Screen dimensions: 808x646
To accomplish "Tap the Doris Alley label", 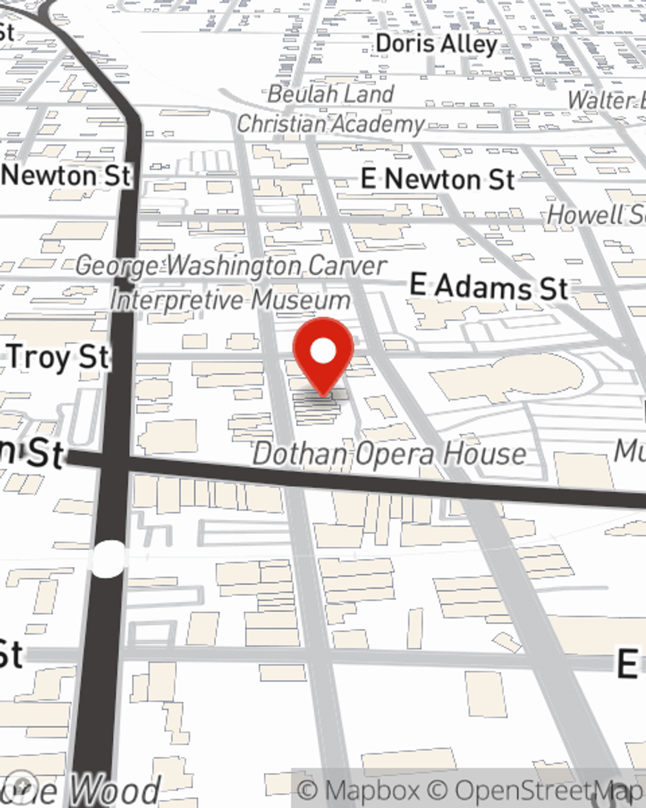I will [x=437, y=44].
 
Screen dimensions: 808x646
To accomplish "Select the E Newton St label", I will [x=437, y=179].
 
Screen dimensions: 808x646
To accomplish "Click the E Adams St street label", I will [x=489, y=286].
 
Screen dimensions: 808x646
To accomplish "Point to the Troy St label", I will [x=58, y=357].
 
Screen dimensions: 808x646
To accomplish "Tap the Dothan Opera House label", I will [x=389, y=454].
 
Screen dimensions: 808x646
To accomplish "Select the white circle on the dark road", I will [x=109, y=558].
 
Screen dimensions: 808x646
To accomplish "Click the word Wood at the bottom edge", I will [x=115, y=791].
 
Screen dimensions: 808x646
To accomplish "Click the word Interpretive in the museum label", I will [x=176, y=300].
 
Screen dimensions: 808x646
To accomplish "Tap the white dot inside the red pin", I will [x=323, y=351].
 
